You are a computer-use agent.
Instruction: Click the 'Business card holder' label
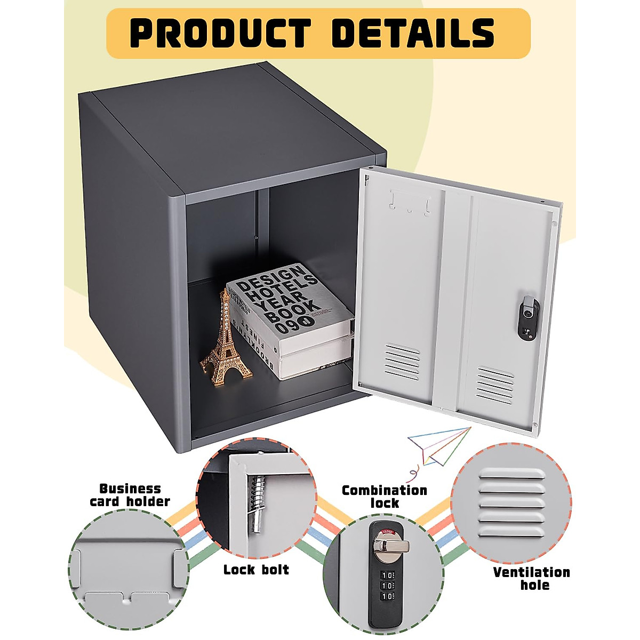click(130, 494)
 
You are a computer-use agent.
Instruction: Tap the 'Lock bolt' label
click(256, 570)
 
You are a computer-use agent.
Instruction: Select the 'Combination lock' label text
click(384, 497)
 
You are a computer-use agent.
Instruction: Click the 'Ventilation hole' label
click(531, 578)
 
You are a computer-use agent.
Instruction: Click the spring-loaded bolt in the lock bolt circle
click(258, 502)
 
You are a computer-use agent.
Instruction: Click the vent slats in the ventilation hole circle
click(512, 503)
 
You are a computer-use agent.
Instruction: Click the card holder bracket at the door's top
click(410, 203)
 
